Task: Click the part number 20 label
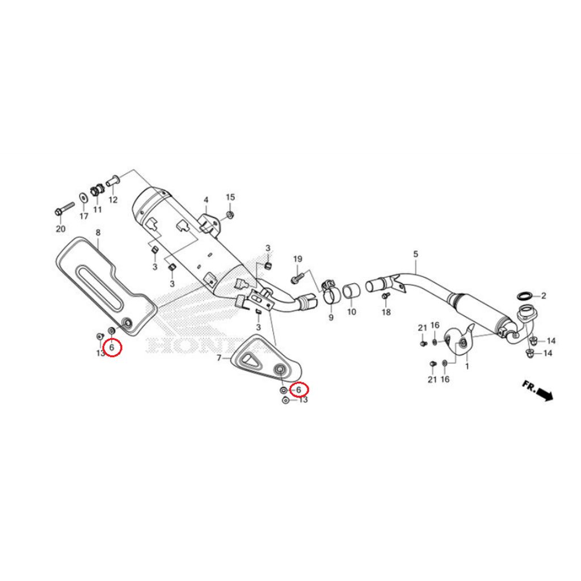61,229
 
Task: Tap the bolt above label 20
65,208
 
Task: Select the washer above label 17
84,198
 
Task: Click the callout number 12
113,199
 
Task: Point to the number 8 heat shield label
98,232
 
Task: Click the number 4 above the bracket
206,200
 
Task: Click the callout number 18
386,312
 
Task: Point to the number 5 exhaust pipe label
415,254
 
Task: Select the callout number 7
218,358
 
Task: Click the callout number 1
467,366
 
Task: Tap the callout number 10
351,311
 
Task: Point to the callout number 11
98,209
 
